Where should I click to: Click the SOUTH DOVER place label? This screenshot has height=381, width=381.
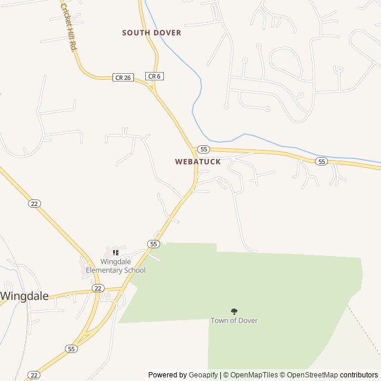click(x=151, y=33)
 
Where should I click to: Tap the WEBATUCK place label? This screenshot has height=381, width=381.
click(x=198, y=162)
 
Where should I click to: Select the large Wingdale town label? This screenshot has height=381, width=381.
click(x=24, y=295)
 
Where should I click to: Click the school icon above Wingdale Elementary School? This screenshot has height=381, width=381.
click(x=115, y=253)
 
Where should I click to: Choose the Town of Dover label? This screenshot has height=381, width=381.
click(x=234, y=320)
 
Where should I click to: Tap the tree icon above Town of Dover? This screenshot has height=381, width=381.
click(x=234, y=311)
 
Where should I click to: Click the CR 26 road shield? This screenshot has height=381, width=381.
click(x=123, y=77)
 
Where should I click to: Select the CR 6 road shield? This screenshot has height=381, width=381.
click(x=154, y=76)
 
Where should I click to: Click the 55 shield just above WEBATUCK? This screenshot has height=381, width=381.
click(x=204, y=149)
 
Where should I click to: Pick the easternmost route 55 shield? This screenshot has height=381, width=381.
click(x=321, y=161)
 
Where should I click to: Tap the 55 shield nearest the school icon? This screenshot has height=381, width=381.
click(x=154, y=244)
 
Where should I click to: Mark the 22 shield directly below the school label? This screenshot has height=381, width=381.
click(x=98, y=288)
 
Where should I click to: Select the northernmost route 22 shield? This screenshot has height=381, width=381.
click(x=34, y=204)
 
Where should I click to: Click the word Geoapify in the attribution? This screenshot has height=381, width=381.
click(x=203, y=375)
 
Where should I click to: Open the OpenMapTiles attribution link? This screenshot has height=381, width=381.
click(x=254, y=375)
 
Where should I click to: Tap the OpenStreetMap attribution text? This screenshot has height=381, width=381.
click(x=312, y=375)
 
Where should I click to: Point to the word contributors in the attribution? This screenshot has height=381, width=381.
click(x=359, y=375)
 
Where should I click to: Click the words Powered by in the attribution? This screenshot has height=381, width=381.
click(x=167, y=375)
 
